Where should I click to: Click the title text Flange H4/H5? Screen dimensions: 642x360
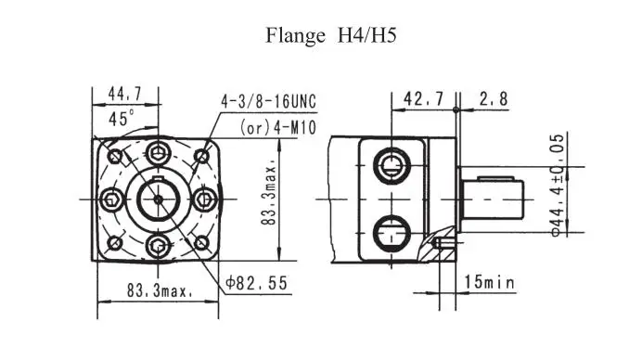(x=331, y=35)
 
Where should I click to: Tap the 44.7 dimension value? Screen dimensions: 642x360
(x=125, y=95)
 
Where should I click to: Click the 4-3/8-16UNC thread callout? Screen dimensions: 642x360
(x=269, y=101)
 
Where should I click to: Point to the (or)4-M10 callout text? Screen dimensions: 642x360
(x=278, y=127)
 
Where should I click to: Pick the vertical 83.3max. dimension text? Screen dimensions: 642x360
(x=269, y=196)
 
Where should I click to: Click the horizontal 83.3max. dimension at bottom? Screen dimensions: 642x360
(x=160, y=290)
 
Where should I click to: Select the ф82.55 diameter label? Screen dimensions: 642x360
(x=257, y=283)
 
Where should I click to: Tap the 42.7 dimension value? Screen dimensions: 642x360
(x=423, y=98)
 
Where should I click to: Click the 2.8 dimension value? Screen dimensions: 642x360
(x=494, y=98)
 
